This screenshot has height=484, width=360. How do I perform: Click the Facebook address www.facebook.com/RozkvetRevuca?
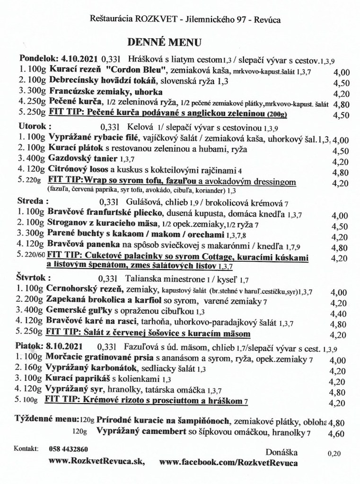229,461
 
